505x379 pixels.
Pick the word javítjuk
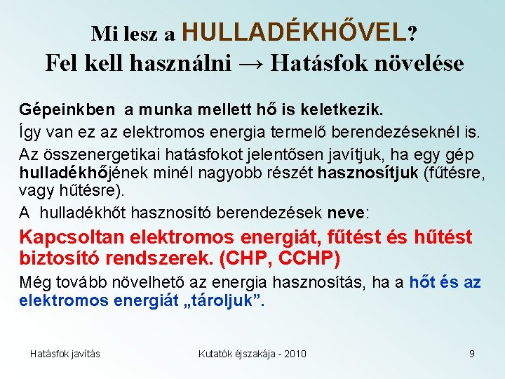(332, 154)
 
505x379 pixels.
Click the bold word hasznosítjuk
(368, 173)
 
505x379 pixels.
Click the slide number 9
(472, 354)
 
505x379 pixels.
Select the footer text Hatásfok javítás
(65, 354)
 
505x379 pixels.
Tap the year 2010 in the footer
(293, 354)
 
